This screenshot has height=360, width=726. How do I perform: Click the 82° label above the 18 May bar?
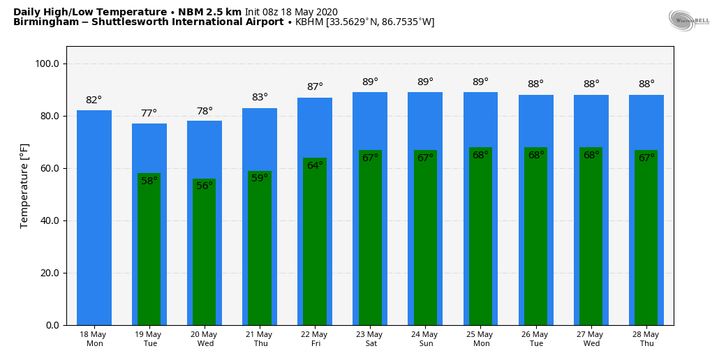pyautogui.click(x=94, y=100)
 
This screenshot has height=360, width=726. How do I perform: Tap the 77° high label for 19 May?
pyautogui.click(x=149, y=114)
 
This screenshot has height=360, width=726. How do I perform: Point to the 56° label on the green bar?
pyautogui.click(x=205, y=186)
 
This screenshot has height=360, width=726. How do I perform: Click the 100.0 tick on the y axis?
pyautogui.click(x=47, y=64)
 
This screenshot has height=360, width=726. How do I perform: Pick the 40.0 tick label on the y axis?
pyautogui.click(x=47, y=221)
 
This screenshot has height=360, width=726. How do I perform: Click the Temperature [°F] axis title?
pyautogui.click(x=24, y=186)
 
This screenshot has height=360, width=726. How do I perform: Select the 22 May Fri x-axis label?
pyautogui.click(x=315, y=339)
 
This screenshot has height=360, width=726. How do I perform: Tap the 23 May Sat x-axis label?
pyautogui.click(x=370, y=339)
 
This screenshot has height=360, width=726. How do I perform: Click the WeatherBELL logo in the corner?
pyautogui.click(x=688, y=20)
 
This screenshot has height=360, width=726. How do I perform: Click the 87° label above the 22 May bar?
pyautogui.click(x=315, y=87)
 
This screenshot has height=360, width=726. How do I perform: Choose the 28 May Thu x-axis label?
pyautogui.click(x=646, y=339)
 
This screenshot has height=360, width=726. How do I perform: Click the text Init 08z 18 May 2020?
pyautogui.click(x=291, y=12)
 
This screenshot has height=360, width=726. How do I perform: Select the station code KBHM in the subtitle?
pyautogui.click(x=309, y=22)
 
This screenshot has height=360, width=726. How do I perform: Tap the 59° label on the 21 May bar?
pyautogui.click(x=260, y=179)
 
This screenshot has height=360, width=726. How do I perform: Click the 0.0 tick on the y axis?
pyautogui.click(x=52, y=326)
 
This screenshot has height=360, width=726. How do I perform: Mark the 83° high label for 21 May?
pyautogui.click(x=260, y=98)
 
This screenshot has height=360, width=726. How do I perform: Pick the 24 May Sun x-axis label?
pyautogui.click(x=426, y=339)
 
